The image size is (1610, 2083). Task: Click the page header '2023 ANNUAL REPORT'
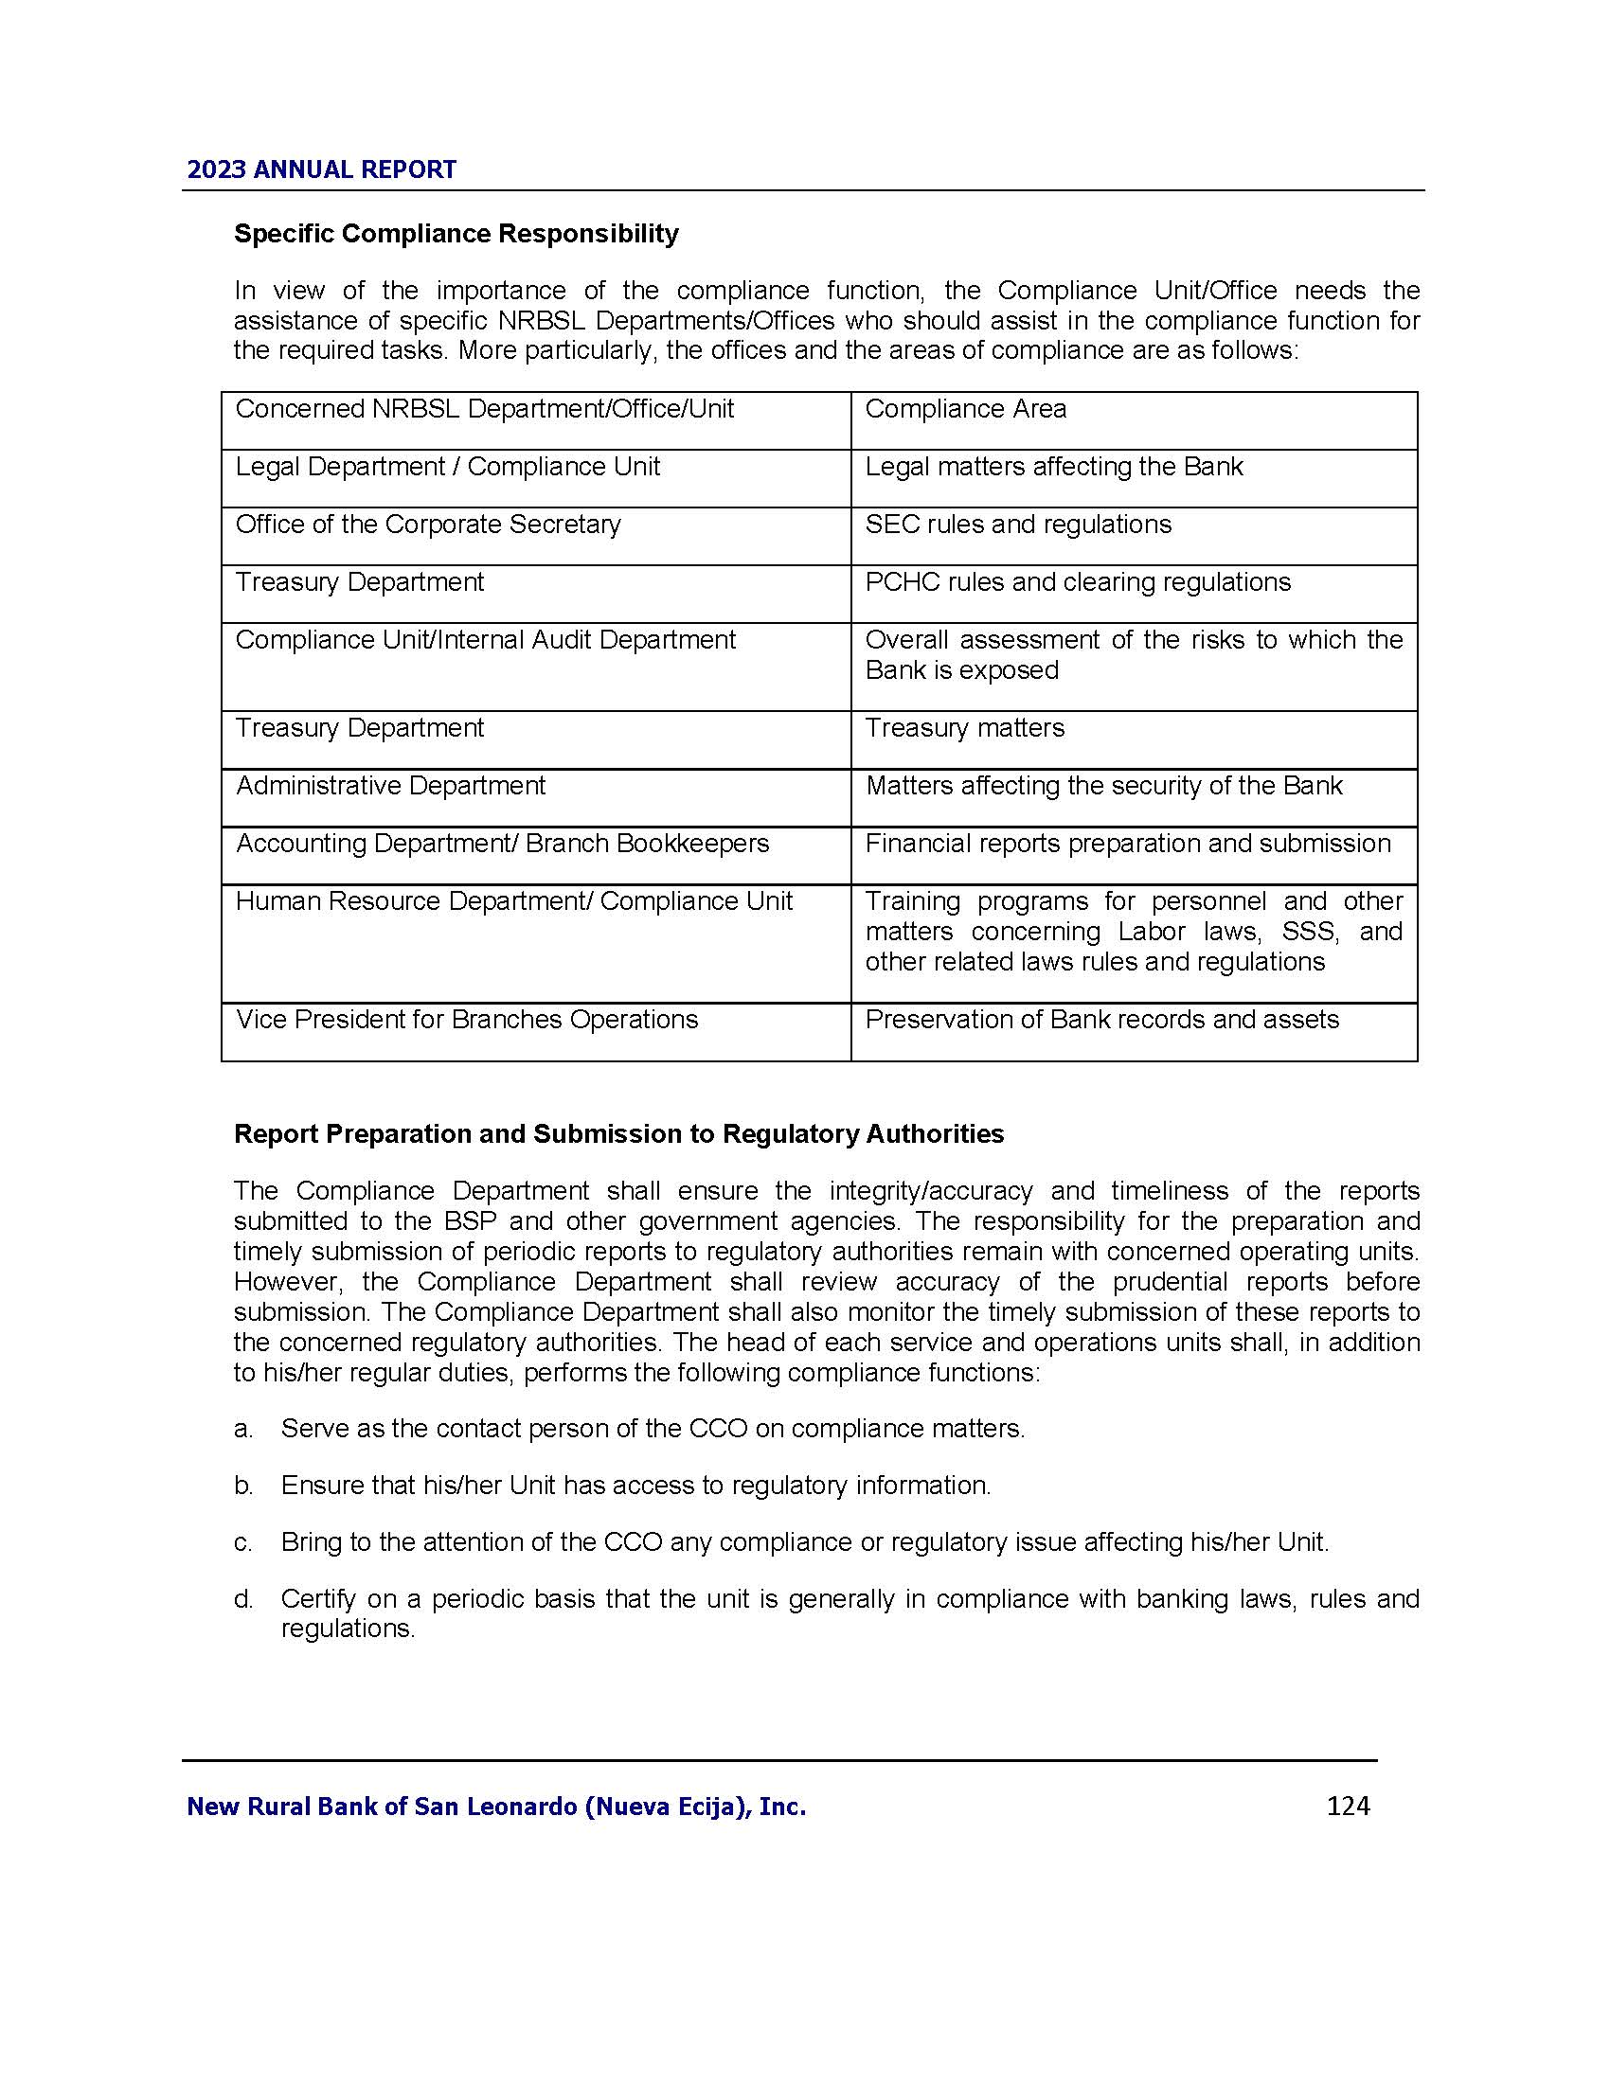coord(321,169)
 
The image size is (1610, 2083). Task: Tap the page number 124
coord(1348,1806)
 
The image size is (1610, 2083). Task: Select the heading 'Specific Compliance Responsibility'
coord(456,234)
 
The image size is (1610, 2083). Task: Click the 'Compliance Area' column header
coord(965,409)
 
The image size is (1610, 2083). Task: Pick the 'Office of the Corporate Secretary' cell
coord(427,525)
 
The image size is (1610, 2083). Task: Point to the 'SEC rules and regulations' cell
coord(1018,525)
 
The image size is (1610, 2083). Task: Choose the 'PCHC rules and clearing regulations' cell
coord(1078,582)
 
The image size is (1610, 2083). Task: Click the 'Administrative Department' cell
coord(390,786)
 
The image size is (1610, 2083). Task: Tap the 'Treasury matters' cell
coord(964,728)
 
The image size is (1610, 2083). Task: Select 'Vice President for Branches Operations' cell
coord(466,1020)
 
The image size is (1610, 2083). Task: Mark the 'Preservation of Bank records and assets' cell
coord(1101,1020)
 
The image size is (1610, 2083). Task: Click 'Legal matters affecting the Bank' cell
coord(1054,467)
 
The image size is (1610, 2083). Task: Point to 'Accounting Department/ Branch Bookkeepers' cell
coord(502,843)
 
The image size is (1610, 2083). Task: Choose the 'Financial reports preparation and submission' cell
coord(1127,843)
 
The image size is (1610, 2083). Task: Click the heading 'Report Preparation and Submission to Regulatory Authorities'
coord(619,1133)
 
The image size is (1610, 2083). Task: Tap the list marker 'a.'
coord(243,1429)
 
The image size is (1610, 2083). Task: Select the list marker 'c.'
coord(243,1542)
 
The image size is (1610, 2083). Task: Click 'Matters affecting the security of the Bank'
coord(1103,786)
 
